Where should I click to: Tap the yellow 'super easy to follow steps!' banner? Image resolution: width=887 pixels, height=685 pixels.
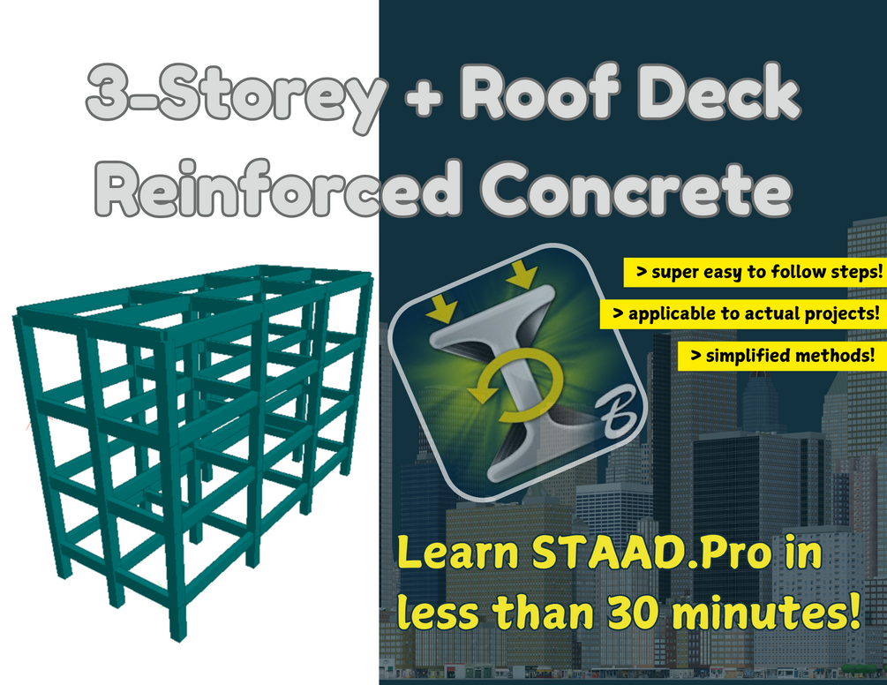point(755,273)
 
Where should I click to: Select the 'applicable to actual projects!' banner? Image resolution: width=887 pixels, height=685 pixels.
point(742,314)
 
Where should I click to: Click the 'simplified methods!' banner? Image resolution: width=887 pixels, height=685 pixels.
point(782,356)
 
